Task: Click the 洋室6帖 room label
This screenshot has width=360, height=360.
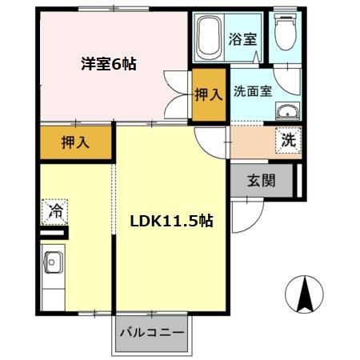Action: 108,64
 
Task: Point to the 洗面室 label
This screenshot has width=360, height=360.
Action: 253,90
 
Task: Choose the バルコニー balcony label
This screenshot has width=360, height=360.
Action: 152,331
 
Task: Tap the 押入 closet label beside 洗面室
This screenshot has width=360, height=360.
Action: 210,95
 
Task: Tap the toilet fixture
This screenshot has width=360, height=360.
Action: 285,32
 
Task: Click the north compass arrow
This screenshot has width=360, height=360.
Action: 303,294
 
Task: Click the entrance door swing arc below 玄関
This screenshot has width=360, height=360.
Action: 250,212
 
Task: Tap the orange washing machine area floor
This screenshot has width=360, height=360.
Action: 254,143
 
